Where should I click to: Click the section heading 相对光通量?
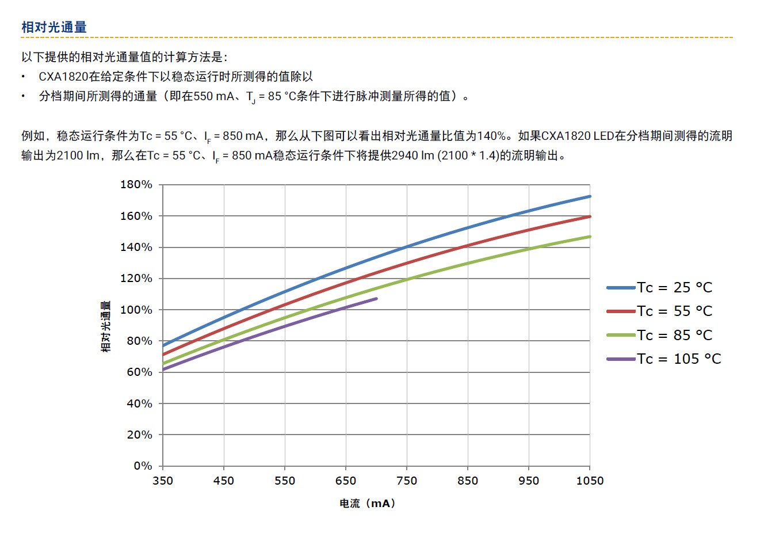pyautogui.click(x=54, y=27)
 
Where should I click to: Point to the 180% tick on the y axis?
pyautogui.click(x=136, y=185)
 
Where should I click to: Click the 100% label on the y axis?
pyautogui.click(x=136, y=310)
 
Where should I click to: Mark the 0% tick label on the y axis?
pyautogui.click(x=143, y=466)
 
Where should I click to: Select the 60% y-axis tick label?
pyautogui.click(x=139, y=372)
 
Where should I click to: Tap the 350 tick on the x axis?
pyautogui.click(x=163, y=481)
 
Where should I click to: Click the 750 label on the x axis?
pyautogui.click(x=407, y=481)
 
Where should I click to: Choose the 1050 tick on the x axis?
pyautogui.click(x=590, y=481)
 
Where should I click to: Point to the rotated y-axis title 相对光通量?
pyautogui.click(x=106, y=326)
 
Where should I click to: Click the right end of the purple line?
pyautogui.click(x=377, y=299)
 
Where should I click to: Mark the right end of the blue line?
pyautogui.click(x=590, y=196)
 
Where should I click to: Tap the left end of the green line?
pyautogui.click(x=163, y=363)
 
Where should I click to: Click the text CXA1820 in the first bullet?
pyautogui.click(x=61, y=77)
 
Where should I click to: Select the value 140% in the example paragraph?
pyautogui.click(x=492, y=136)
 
